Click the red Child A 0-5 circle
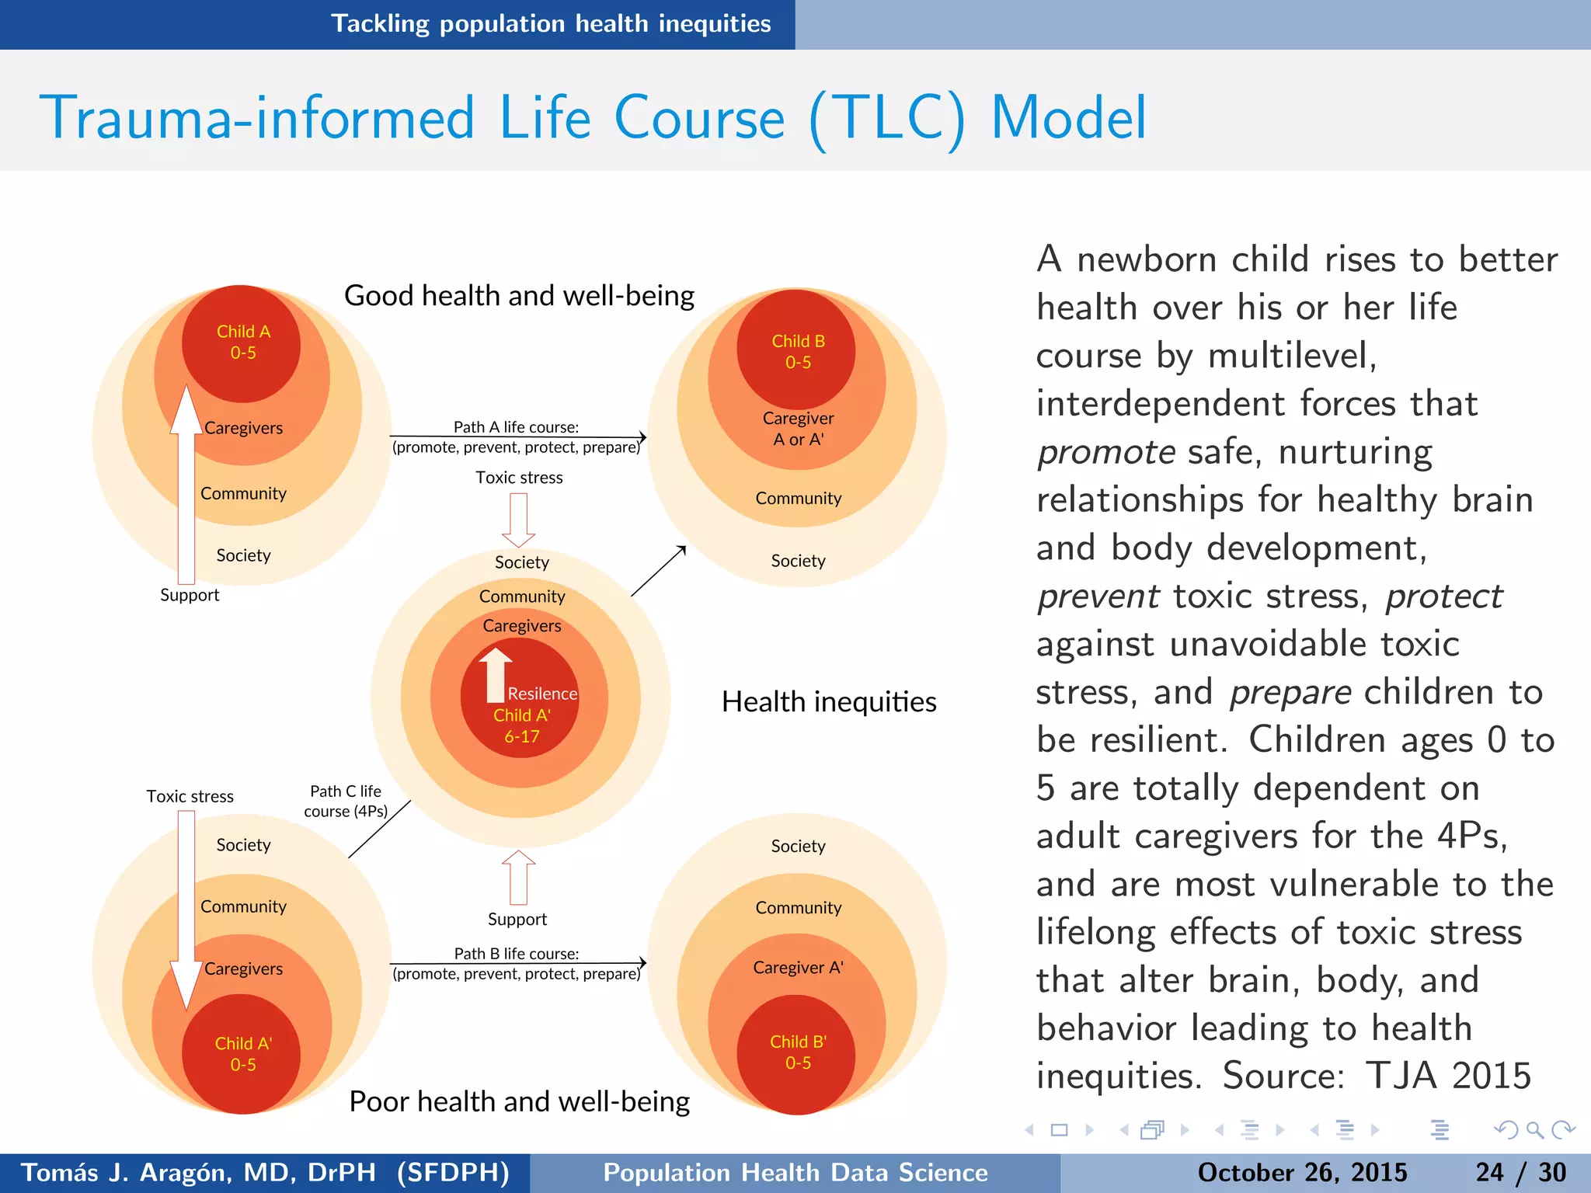click(x=242, y=343)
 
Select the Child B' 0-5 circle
click(x=797, y=1052)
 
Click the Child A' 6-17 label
click(x=521, y=725)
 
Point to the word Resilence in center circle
click(x=542, y=694)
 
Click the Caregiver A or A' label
click(x=798, y=429)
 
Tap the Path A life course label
click(x=516, y=427)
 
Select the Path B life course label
click(x=516, y=954)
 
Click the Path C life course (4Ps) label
click(x=346, y=801)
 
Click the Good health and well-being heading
click(x=519, y=296)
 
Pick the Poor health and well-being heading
click(x=519, y=1101)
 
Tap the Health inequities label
click(x=829, y=702)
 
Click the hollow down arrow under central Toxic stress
click(x=518, y=519)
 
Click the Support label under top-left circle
click(x=190, y=595)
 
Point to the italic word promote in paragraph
click(x=1106, y=452)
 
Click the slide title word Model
click(x=1068, y=118)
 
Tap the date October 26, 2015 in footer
click(x=1302, y=1172)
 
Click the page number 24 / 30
click(x=1520, y=1172)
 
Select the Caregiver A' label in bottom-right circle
click(x=798, y=968)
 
